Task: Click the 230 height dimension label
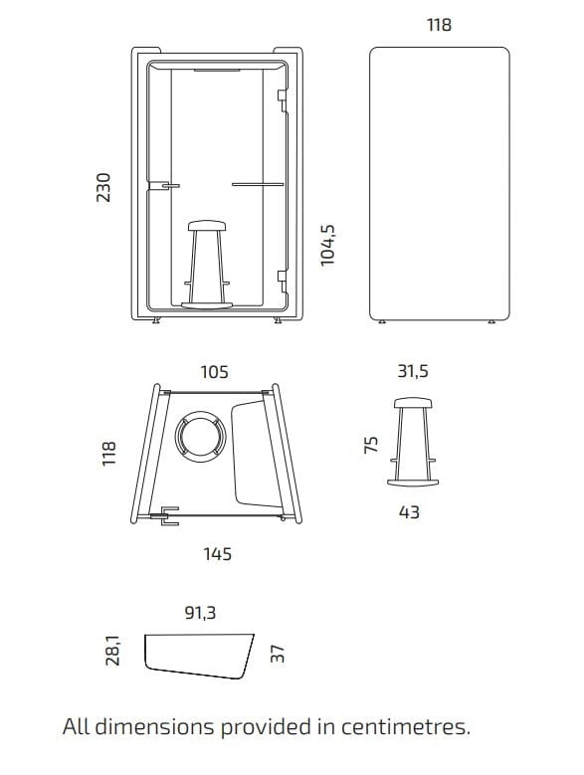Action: click(x=103, y=187)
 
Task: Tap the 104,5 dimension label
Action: click(x=327, y=245)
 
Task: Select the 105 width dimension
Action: click(x=215, y=372)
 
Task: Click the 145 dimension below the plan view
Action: click(x=218, y=553)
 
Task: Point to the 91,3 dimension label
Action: click(x=201, y=613)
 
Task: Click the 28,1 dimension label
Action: click(x=112, y=651)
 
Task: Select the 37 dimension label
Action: click(x=279, y=654)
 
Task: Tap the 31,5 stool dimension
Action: click(x=413, y=371)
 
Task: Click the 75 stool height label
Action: click(x=370, y=445)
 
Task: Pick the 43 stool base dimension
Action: click(x=409, y=512)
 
